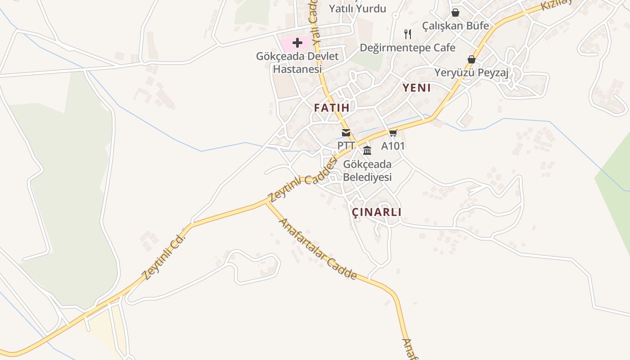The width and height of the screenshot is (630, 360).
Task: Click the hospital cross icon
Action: [297, 43]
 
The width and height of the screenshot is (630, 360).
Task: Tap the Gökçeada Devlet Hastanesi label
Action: [297, 63]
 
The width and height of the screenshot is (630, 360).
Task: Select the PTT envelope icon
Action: [346, 133]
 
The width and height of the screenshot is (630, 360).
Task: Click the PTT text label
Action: [346, 146]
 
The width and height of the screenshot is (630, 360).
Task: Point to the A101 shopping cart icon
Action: [393, 133]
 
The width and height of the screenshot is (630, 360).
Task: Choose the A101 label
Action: [393, 146]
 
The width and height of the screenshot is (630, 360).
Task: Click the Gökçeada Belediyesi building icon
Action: [367, 150]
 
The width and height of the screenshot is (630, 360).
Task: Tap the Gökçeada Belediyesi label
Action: [367, 171]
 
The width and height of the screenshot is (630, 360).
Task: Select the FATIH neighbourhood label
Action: [332, 108]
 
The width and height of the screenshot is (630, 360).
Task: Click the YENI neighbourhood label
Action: [416, 88]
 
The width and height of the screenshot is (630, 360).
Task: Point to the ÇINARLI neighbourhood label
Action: [376, 212]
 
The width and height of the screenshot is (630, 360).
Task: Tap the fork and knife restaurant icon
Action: [408, 34]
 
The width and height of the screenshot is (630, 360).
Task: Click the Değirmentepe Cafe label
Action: [408, 48]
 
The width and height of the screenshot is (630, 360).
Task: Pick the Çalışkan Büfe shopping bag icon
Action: [455, 13]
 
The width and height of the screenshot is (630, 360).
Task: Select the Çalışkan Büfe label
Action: [455, 26]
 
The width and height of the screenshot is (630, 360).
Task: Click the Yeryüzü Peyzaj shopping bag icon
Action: [471, 59]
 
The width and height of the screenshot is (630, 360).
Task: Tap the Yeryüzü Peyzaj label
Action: [471, 72]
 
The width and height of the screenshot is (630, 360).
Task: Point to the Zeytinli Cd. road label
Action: [163, 256]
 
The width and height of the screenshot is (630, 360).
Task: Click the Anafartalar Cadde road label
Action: [318, 249]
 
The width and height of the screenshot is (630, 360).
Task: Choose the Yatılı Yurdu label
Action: [357, 9]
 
